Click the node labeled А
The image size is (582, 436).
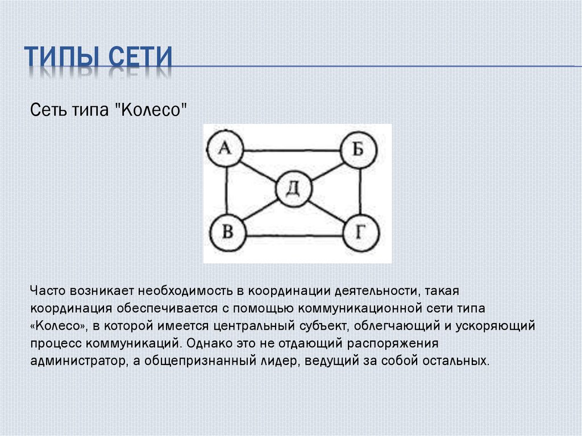(225, 148)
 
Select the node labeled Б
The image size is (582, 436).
(359, 150)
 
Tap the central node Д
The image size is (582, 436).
(294, 189)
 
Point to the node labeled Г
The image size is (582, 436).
(361, 233)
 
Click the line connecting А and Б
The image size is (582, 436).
(292, 151)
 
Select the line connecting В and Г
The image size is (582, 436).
(294, 235)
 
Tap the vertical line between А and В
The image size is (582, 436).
(226, 191)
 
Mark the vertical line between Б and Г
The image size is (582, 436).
(360, 191)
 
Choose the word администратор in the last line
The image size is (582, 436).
(78, 360)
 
